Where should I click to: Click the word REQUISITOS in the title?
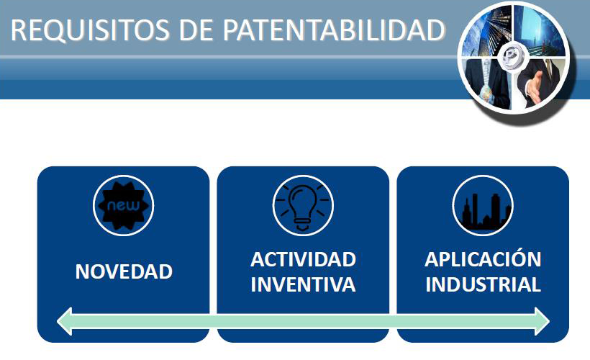(90, 30)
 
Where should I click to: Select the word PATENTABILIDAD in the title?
(334, 30)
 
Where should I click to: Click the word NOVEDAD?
(124, 271)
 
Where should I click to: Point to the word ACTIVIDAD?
(304, 259)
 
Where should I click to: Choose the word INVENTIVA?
(304, 284)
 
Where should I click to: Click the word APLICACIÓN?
(483, 258)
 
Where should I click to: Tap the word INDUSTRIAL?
(483, 284)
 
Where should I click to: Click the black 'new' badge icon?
(124, 206)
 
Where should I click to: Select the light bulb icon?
(303, 207)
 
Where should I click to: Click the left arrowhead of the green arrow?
(65, 321)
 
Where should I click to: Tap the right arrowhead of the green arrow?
(542, 321)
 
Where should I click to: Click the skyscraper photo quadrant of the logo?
(487, 32)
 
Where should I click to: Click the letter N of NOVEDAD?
(82, 271)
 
